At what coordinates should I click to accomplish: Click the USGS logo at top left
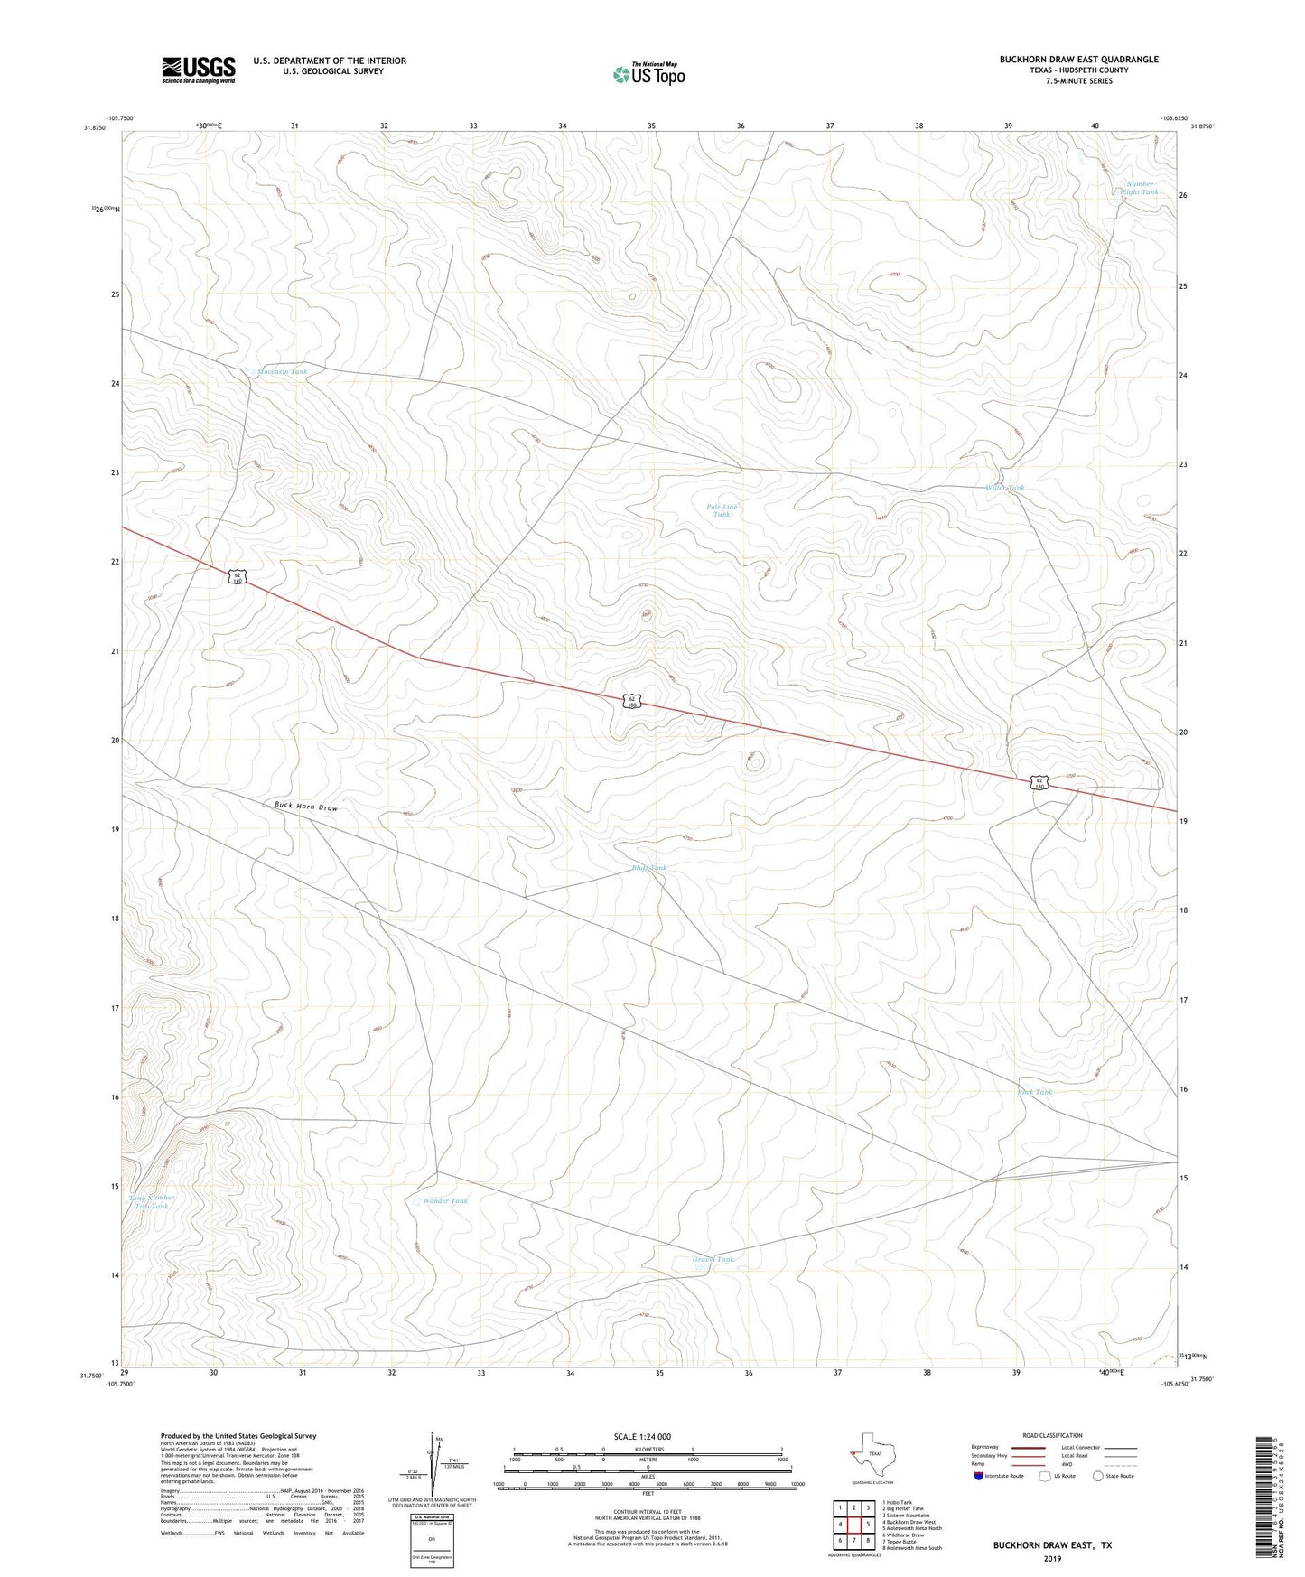click(x=199, y=70)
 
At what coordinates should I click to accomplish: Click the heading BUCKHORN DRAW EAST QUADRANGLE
click(x=1078, y=60)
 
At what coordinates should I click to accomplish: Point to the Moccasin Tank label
click(x=282, y=371)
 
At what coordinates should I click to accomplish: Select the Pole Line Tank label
click(x=722, y=510)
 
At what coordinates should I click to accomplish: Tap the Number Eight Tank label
click(x=1138, y=188)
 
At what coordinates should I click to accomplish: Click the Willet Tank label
click(x=1004, y=488)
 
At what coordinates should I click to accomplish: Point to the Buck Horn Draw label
click(x=306, y=807)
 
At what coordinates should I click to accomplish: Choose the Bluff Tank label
click(x=648, y=868)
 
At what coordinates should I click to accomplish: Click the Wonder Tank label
click(x=445, y=1201)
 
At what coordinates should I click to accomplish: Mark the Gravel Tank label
click(x=713, y=1259)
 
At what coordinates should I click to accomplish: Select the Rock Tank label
click(x=1035, y=1092)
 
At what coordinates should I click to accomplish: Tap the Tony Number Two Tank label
click(x=154, y=1202)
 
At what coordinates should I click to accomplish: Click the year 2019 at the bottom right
click(x=1052, y=1559)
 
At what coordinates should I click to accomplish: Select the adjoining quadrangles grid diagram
click(x=853, y=1524)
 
